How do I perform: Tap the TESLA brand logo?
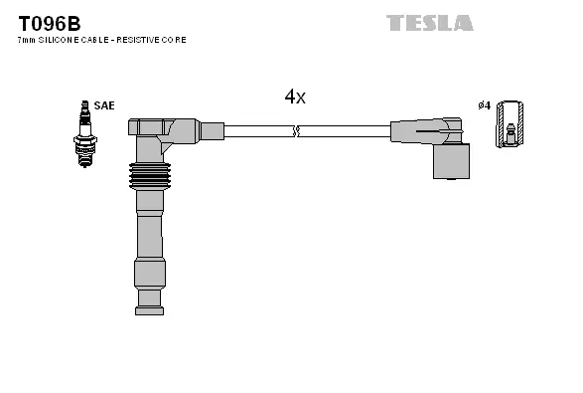coord(429,22)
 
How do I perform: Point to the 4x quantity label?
coord(295,97)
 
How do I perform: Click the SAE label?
coord(104,104)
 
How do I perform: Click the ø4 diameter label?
coord(485,105)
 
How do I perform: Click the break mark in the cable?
coord(295,130)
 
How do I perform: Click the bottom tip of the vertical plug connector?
coord(148,303)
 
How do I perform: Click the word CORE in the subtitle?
coord(176,40)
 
